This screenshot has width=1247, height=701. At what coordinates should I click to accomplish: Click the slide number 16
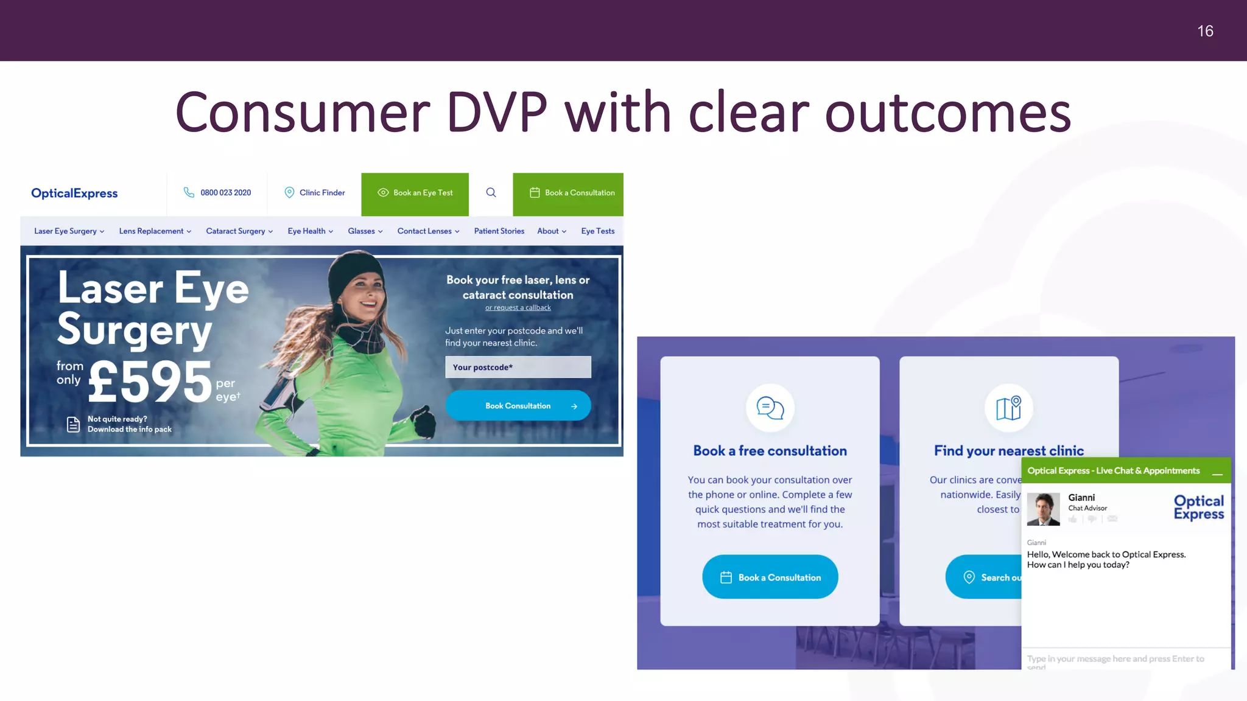coord(1205,31)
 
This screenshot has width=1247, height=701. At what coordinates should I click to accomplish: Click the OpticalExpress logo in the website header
coord(74,194)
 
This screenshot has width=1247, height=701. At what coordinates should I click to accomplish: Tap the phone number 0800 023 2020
coord(225,193)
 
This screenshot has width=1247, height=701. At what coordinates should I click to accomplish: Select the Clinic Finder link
coord(321,193)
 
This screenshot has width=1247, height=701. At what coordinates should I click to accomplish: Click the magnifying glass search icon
coord(491,193)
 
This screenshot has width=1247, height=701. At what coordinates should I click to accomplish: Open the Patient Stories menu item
coord(499,231)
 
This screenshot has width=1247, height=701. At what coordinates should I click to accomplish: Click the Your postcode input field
coord(518,367)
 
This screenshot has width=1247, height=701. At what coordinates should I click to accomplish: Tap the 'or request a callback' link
coord(518,308)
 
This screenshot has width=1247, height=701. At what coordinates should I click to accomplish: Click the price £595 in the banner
coord(150,382)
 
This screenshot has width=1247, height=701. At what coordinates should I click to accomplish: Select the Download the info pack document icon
coord(73,424)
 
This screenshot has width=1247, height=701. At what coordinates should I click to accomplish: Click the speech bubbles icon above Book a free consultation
coord(770,408)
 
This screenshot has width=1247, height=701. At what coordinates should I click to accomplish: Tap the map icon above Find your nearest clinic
coord(1008,408)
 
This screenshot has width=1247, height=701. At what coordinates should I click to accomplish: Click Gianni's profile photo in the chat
coord(1042,509)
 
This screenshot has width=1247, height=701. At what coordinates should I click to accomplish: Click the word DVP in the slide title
coord(496,113)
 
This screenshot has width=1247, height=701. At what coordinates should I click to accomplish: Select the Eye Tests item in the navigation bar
coord(597,231)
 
